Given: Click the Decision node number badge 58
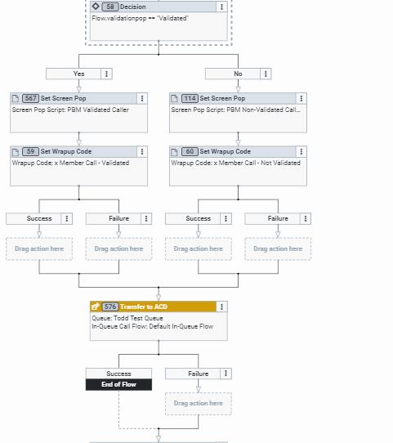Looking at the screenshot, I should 109,7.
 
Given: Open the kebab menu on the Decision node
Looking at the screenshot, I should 221,7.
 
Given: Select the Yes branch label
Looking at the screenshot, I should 78,74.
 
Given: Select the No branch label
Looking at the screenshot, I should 238,74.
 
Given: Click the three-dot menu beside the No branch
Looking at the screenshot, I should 266,74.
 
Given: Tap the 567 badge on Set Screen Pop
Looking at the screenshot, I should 30,98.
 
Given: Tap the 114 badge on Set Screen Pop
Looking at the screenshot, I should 190,98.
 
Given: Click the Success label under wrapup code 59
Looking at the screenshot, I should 39,218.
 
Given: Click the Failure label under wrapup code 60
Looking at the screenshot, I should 278,218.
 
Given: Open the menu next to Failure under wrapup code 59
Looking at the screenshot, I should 145,218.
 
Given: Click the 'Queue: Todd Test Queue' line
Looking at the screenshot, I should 127,318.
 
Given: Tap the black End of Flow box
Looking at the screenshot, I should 118,384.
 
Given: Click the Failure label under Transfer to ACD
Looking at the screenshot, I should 199,374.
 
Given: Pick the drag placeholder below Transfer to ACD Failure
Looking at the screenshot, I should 199,403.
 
